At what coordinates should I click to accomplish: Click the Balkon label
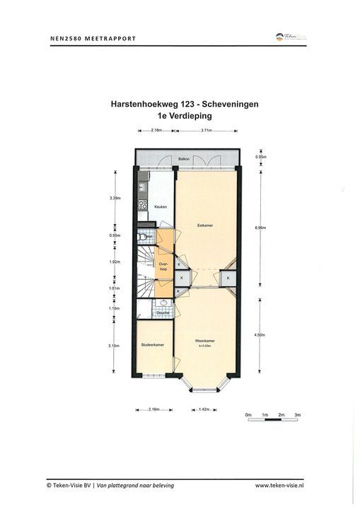182,159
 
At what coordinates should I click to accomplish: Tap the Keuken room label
160,206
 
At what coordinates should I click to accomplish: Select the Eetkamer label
205,226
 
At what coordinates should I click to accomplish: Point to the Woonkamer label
205,341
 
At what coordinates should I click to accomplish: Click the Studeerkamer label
153,344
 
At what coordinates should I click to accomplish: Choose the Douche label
163,312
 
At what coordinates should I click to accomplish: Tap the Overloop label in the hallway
163,267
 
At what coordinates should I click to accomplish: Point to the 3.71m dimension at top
207,130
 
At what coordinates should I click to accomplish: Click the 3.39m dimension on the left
115,198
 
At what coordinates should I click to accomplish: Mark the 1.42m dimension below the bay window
203,409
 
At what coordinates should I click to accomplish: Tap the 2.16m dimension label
154,409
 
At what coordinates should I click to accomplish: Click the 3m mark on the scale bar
298,414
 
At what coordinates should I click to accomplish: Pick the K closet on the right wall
229,279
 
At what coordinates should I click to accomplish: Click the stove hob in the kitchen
142,205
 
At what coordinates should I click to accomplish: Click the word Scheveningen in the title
228,103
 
